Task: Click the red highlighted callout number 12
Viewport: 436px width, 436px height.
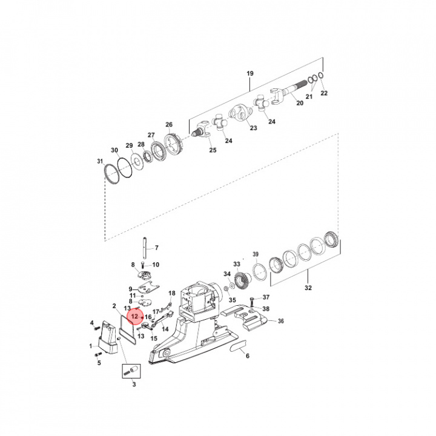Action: point(134,316)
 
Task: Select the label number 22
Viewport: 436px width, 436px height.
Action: point(324,93)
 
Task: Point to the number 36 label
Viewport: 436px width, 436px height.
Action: point(280,321)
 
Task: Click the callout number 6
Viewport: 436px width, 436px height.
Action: point(247,356)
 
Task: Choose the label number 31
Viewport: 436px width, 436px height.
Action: point(101,161)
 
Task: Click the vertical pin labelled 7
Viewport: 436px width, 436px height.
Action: point(145,247)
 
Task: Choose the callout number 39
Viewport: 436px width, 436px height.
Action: point(255,254)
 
